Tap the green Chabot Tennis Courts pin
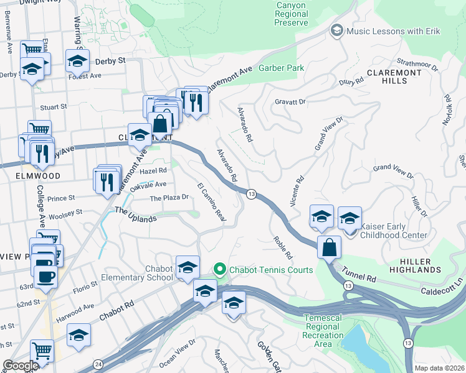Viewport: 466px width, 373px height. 219,270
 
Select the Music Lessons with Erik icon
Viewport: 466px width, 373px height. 337,30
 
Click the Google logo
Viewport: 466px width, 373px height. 20,366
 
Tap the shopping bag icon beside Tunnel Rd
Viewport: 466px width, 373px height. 329,247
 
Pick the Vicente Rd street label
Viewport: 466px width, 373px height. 297,190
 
